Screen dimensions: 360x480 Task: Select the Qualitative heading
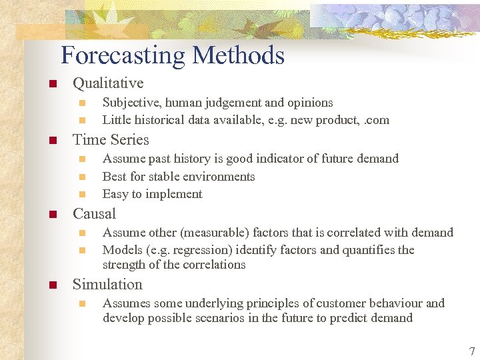[x=108, y=83]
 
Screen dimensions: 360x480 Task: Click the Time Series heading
[x=111, y=140]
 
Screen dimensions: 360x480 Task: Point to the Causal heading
[x=94, y=214]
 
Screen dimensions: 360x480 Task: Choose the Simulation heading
[x=107, y=285]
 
